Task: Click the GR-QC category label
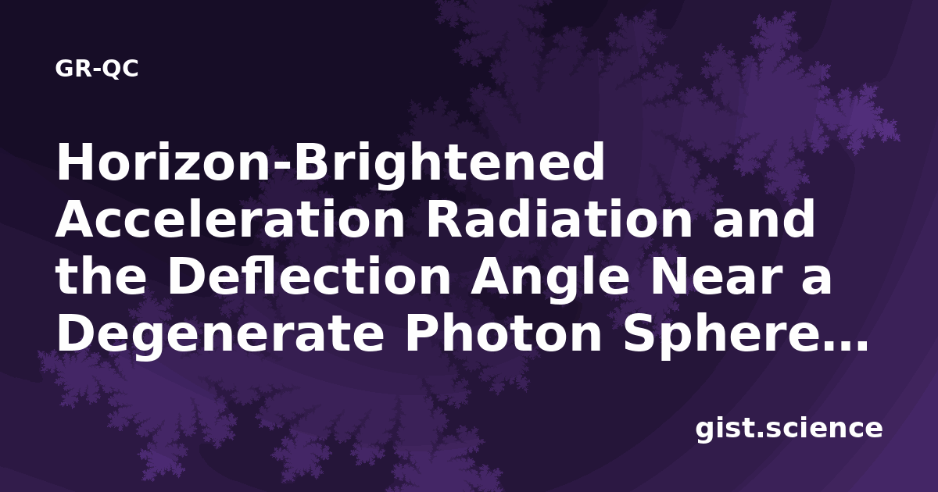pyautogui.click(x=97, y=68)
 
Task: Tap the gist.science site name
pyautogui.click(x=789, y=430)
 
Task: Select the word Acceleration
pyautogui.click(x=230, y=219)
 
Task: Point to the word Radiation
pyautogui.click(x=559, y=219)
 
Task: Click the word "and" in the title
pyautogui.click(x=764, y=219)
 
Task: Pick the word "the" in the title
pyautogui.click(x=101, y=276)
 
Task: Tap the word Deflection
pyautogui.click(x=309, y=276)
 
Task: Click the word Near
pyautogui.click(x=717, y=276)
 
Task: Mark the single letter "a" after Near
pyautogui.click(x=817, y=281)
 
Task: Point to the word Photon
pyautogui.click(x=503, y=333)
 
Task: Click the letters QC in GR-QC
pyautogui.click(x=120, y=69)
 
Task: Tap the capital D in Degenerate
pyautogui.click(x=74, y=333)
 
